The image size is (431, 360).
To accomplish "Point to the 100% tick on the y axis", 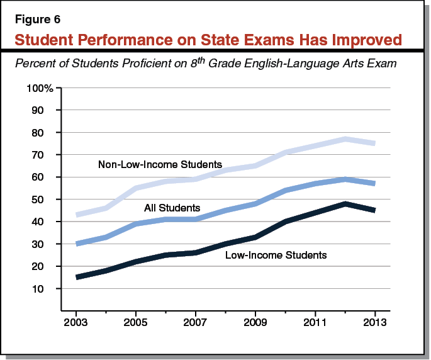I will point(40,87).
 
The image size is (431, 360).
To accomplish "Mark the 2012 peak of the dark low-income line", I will point(345,204).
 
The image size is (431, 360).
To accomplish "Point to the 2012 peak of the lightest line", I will point(345,139).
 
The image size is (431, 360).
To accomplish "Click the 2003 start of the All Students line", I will point(77,244).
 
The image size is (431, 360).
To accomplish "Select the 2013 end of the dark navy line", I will point(375,210).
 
